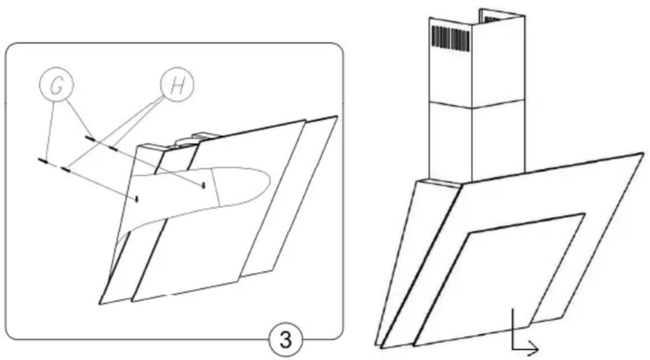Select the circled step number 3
point(286,339)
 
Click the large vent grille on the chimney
point(451,38)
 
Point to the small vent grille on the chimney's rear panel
point(492,19)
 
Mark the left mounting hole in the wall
point(136,199)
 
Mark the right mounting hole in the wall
point(203,185)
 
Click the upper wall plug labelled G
point(90,139)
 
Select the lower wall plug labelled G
point(43,161)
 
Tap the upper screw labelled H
point(112,147)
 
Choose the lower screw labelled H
point(65,169)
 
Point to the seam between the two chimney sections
point(477,104)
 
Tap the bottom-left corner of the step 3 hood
point(99,304)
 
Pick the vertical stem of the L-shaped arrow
point(513,329)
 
